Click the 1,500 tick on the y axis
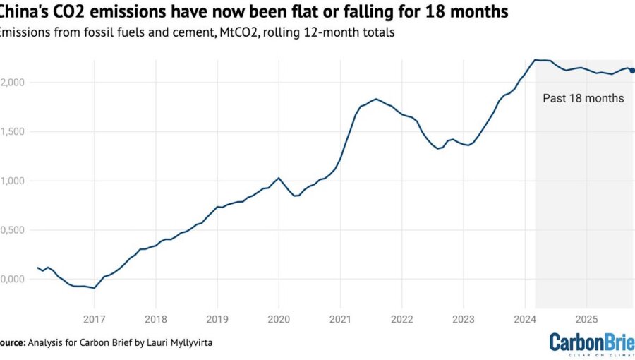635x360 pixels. (x=12, y=131)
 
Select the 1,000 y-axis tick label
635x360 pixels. (x=12, y=181)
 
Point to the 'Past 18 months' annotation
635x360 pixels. (x=583, y=98)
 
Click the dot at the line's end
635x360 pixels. (x=632, y=71)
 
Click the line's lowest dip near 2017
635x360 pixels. (x=94, y=288)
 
